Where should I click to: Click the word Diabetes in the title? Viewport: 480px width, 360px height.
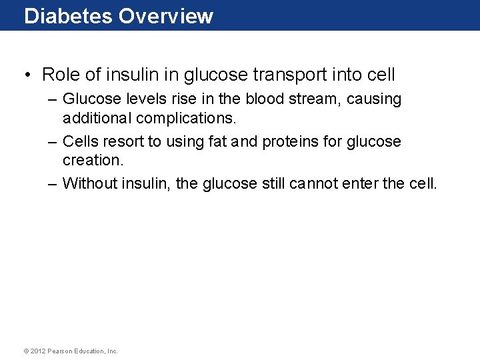(68, 16)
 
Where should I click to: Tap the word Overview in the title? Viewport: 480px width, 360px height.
(166, 16)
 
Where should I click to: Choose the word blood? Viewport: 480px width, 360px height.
(269, 99)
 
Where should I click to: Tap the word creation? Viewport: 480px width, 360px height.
(93, 161)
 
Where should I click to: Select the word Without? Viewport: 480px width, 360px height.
(90, 183)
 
